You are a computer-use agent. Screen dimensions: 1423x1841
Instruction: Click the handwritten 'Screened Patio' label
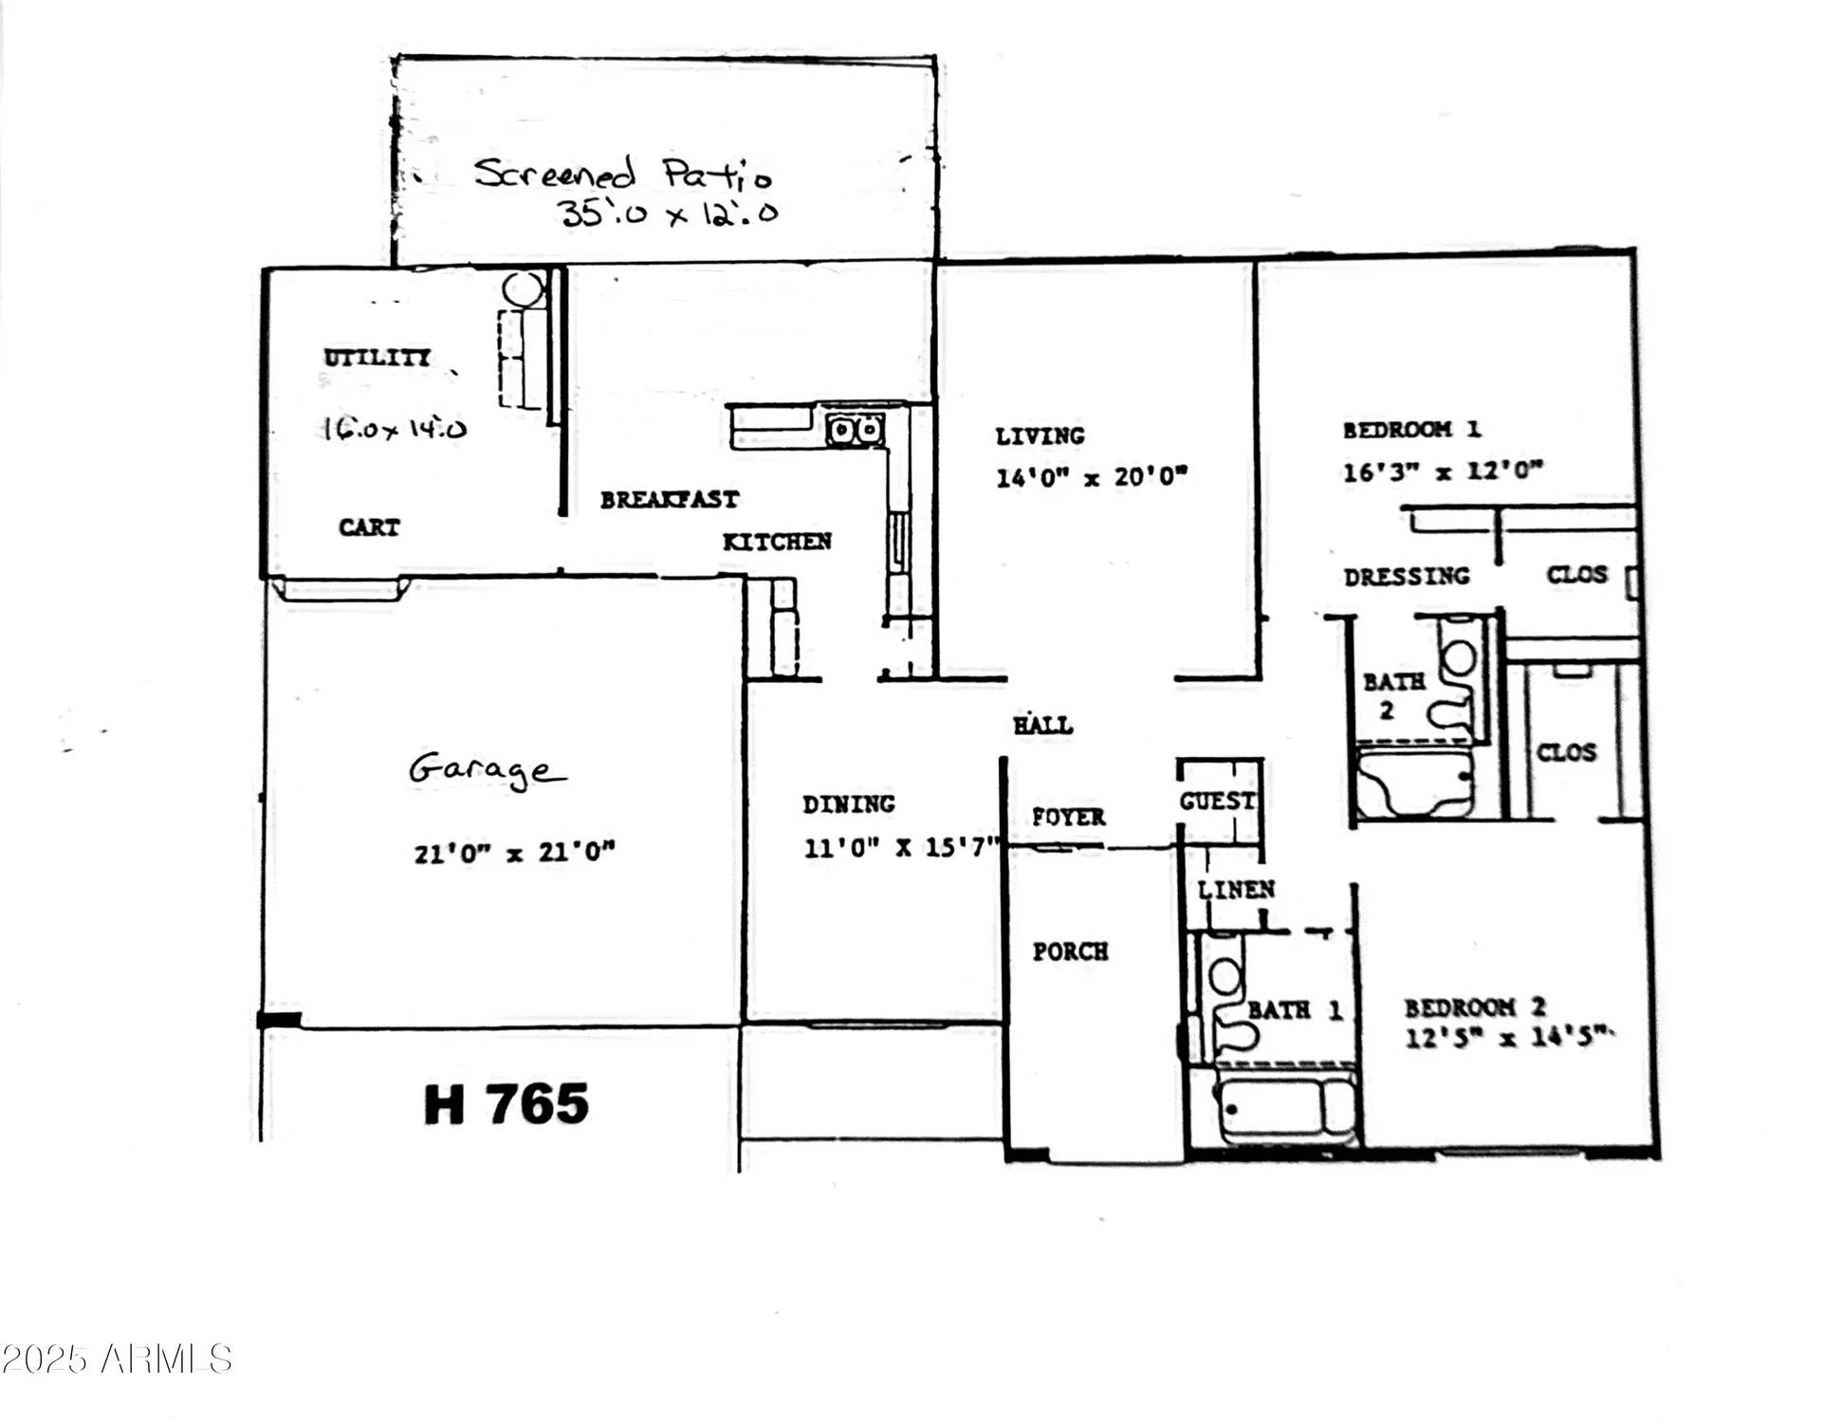(622, 174)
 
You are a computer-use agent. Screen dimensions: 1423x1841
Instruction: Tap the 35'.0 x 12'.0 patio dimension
(669, 213)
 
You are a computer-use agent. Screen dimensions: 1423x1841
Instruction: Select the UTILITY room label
(377, 358)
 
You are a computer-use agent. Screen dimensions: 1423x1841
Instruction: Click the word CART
(369, 527)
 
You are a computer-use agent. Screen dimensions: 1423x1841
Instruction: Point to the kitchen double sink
(855, 430)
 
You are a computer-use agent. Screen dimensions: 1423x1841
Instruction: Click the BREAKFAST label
(669, 499)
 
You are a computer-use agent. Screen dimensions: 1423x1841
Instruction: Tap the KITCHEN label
(777, 542)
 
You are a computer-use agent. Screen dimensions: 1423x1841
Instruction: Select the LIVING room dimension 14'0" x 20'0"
(1091, 476)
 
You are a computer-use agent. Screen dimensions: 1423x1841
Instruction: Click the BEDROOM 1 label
(1410, 430)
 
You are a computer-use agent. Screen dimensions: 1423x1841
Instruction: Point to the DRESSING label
(1406, 576)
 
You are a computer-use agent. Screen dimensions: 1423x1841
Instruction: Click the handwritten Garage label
(487, 769)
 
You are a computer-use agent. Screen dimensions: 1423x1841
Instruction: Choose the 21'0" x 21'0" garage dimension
(514, 852)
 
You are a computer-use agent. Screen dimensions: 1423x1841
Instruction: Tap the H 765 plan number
(506, 1104)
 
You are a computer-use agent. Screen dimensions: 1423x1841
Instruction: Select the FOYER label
(1068, 817)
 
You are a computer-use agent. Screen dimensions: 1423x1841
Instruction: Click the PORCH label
(1070, 952)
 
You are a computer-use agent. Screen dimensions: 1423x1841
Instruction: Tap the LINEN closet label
(1235, 890)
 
